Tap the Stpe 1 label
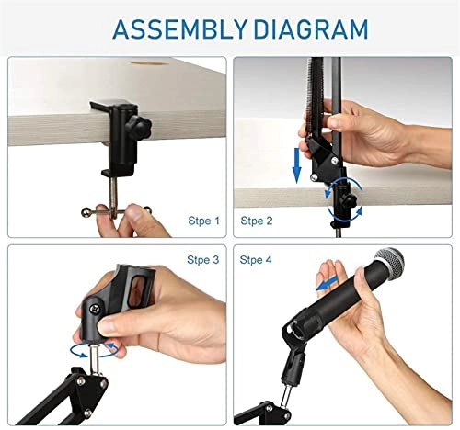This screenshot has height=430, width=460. [203, 221]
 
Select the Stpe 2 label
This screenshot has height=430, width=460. [257, 221]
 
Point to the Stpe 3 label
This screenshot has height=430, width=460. [203, 260]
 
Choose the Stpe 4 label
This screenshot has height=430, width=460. [257, 260]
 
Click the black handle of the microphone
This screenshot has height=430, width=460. [364, 308]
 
